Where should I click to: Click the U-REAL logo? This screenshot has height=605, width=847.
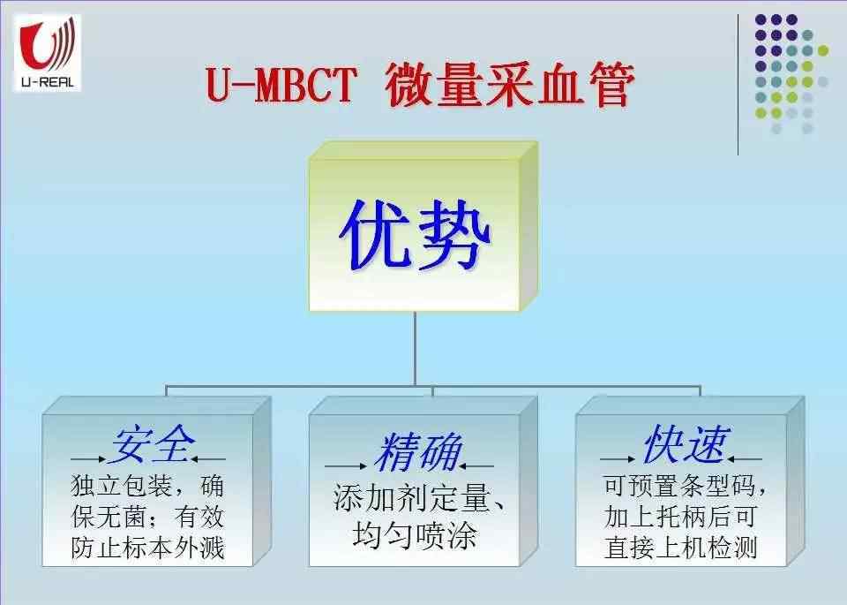(47, 52)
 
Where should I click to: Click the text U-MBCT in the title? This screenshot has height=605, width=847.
(281, 85)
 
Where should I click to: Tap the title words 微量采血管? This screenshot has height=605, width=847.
(509, 85)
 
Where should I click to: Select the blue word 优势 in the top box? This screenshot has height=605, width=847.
(415, 234)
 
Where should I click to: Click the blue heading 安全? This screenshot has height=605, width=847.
(152, 444)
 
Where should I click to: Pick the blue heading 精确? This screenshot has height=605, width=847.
(417, 451)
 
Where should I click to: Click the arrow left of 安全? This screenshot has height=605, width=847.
(88, 459)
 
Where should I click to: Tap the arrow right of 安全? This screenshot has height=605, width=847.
(208, 459)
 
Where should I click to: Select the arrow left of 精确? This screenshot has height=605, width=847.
(346, 466)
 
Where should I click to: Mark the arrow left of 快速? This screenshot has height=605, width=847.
(618, 459)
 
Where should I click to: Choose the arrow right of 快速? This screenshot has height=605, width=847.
(744, 459)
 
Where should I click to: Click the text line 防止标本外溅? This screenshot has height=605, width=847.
(148, 548)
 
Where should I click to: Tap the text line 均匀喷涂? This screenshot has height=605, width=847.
(415, 535)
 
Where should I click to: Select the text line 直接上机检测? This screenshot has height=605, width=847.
(680, 547)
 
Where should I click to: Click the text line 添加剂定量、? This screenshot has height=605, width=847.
(420, 498)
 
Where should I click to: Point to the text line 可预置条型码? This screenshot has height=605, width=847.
(685, 486)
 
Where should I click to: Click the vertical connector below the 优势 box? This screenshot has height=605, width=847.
(415, 348)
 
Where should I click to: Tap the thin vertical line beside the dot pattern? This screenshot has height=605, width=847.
(738, 85)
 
